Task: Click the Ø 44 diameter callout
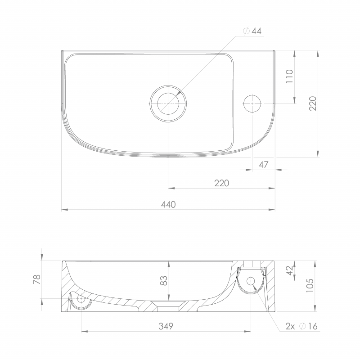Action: (x=252, y=31)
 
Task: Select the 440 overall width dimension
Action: (x=168, y=204)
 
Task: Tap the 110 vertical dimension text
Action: (x=289, y=76)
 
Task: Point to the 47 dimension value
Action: (x=263, y=165)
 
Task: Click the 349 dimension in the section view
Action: (x=166, y=326)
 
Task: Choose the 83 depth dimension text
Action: (x=164, y=280)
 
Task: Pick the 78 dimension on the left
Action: (x=37, y=279)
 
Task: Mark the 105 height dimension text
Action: (x=310, y=285)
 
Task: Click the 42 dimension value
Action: (x=290, y=270)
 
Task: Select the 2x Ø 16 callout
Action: (x=301, y=326)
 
